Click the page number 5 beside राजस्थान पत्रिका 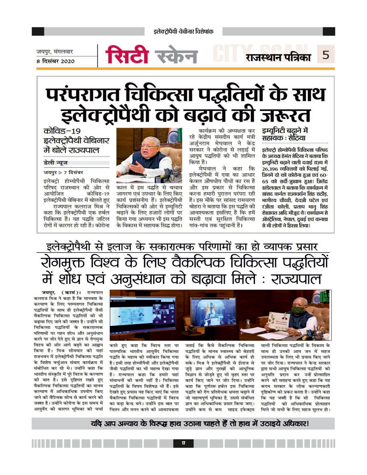click(x=326, y=54)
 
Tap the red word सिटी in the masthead click(x=127, y=55)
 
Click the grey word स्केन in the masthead click(x=176, y=56)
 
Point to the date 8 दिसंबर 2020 click(x=55, y=61)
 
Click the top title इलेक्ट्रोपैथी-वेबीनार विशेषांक click(x=183, y=31)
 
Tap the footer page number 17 click(x=183, y=443)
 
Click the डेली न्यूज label click(x=56, y=163)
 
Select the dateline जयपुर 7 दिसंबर click(x=63, y=172)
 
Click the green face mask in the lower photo click(x=298, y=310)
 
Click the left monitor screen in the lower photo click(x=143, y=314)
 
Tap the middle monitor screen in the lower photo click(x=213, y=312)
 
